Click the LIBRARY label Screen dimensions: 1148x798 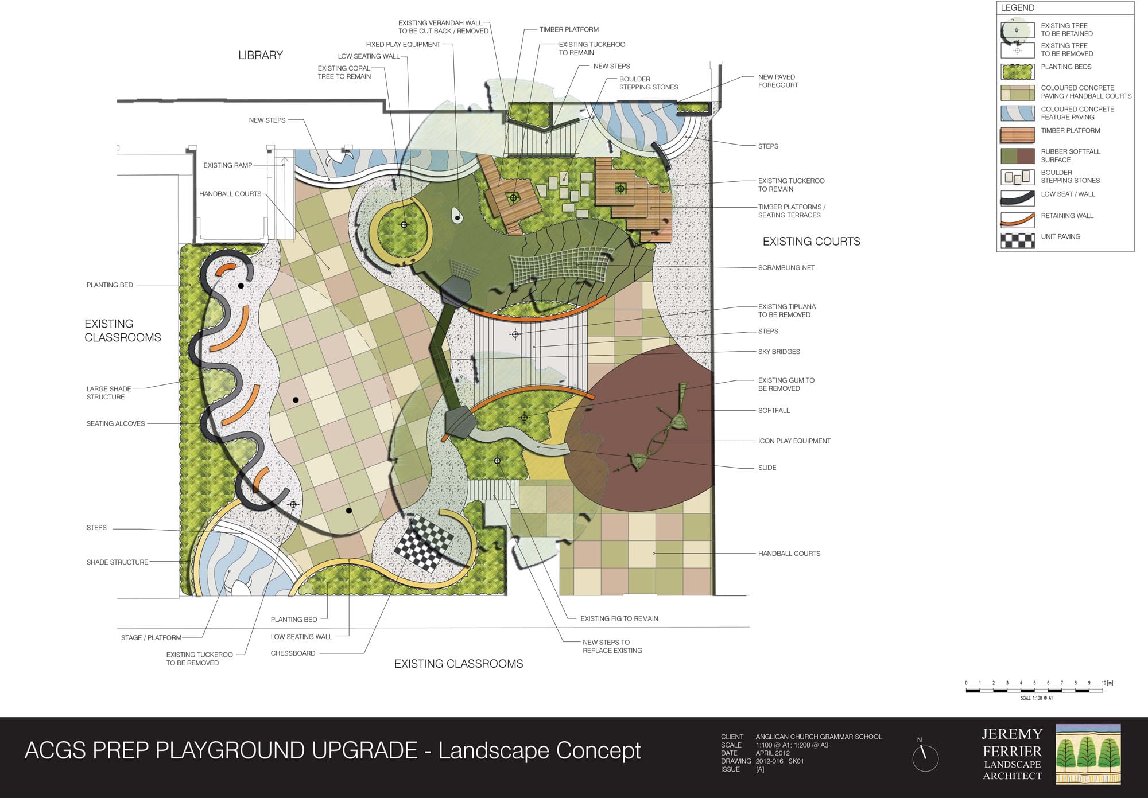(261, 55)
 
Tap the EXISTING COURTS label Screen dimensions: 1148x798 (811, 242)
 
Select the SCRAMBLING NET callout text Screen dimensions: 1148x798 (786, 268)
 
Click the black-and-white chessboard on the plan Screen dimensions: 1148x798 (424, 542)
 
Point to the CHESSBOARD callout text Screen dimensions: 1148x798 (293, 653)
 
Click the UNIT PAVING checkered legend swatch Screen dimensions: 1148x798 (1018, 240)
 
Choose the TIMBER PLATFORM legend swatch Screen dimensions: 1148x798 (1018, 135)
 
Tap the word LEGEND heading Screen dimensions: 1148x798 (1017, 8)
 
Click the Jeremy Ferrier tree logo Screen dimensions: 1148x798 (1088, 754)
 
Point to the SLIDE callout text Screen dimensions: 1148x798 (767, 468)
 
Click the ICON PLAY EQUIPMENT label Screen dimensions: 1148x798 (794, 441)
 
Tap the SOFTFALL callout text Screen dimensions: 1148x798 (774, 411)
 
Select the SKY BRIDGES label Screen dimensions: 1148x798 (779, 352)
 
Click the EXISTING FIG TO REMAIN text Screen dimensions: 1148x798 (619, 618)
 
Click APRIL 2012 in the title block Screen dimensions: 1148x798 (773, 753)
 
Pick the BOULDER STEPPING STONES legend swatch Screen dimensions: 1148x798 (1018, 177)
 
